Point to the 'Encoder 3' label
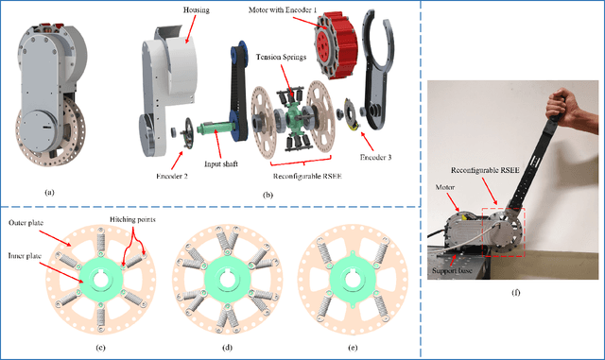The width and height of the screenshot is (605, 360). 377,147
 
